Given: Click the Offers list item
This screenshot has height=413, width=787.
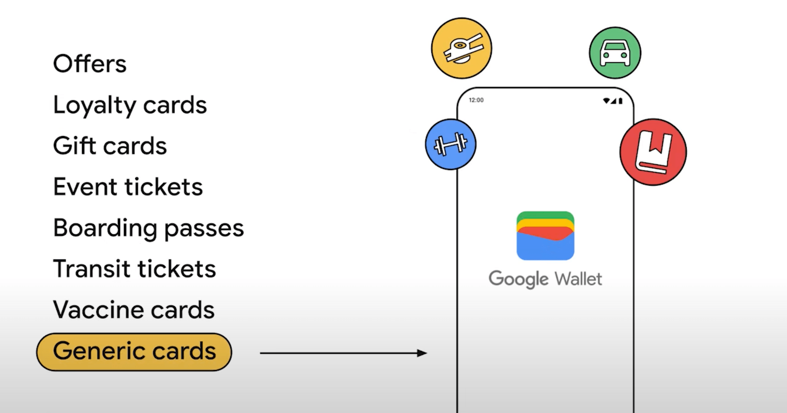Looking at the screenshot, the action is pos(90,64).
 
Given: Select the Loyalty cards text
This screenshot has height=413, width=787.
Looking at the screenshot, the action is pos(130,105).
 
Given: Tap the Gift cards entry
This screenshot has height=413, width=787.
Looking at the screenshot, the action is pos(110,145).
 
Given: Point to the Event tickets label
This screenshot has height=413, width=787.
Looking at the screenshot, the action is pos(128,187).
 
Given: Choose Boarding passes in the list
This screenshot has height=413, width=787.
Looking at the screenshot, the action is pos(149,228).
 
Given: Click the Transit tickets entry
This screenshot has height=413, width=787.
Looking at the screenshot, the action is pos(135,269).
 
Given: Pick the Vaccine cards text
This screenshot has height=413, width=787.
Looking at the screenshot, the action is pos(134,310).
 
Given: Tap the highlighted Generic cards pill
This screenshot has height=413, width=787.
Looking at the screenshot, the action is pos(134,352).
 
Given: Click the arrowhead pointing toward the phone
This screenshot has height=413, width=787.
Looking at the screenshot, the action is pos(422,353).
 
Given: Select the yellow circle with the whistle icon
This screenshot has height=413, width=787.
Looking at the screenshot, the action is pos(461,48).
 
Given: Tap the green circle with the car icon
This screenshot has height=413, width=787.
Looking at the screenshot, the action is pos(615,53).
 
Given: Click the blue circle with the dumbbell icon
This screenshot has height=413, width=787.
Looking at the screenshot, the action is pos(451,144).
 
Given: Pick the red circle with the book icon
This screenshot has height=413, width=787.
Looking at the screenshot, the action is pos(653,152).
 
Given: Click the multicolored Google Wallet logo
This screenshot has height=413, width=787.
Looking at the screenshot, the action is pos(545,236).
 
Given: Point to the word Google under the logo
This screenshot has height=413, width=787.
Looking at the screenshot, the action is pos(519,279).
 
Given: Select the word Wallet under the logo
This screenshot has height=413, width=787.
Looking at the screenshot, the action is pos(578,279).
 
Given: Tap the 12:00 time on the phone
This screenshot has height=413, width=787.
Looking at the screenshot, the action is pos(476,100).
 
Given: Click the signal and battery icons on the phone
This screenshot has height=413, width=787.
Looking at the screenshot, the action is pos(613,101).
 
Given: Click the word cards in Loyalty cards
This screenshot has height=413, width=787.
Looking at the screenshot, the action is pos(175,105).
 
